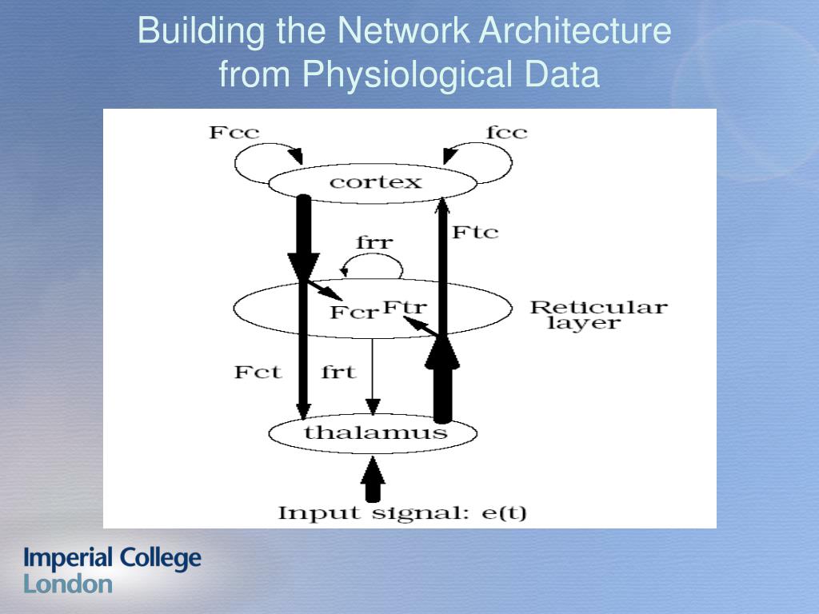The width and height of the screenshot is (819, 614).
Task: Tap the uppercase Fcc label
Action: point(234,133)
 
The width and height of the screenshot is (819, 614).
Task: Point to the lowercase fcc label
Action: point(506,133)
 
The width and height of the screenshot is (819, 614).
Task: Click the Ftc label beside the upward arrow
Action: point(475,233)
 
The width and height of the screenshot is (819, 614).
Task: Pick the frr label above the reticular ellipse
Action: point(374,242)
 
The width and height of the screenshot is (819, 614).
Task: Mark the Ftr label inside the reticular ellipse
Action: point(405,306)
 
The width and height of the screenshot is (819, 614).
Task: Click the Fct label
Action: point(258,372)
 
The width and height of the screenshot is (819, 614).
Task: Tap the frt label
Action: point(338,372)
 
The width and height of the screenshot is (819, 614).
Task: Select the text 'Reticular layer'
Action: point(598,315)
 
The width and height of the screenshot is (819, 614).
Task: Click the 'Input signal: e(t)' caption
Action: point(402,512)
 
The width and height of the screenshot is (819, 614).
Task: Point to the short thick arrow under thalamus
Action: point(372,480)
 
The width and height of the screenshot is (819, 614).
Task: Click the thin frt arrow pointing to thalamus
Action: point(372,376)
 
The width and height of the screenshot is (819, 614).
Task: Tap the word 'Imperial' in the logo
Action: point(67,558)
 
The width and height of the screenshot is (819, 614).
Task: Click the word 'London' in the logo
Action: point(68,584)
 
